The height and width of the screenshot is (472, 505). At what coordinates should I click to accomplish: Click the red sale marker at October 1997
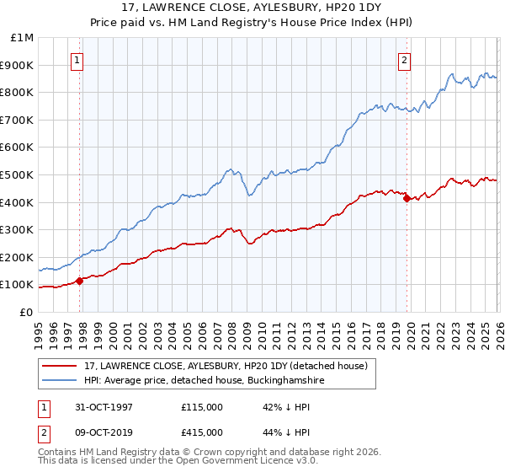pos(80,281)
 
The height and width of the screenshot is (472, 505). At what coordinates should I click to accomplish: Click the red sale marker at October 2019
pos(407,198)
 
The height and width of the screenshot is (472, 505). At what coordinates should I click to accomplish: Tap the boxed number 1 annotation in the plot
pos(77,60)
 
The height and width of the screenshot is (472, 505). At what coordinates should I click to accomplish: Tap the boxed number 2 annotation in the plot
pos(405,60)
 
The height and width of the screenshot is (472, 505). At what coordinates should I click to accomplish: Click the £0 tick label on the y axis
pos(25,312)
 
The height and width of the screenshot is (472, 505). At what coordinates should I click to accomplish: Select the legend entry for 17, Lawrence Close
pos(225,367)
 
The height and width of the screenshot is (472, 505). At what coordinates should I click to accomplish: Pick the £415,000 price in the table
pos(201,432)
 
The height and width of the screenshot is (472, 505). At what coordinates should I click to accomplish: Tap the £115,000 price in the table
pos(201,406)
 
